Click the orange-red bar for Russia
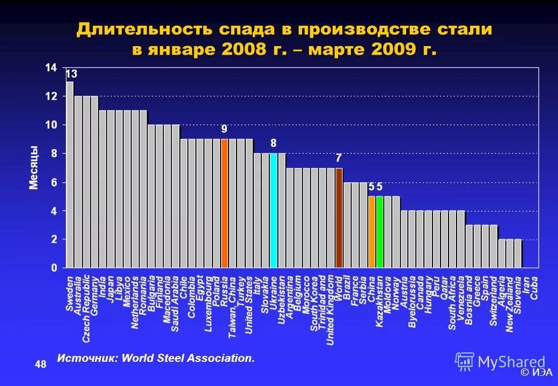[x=224, y=203]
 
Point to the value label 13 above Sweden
[x=71, y=74]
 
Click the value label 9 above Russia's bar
[x=224, y=129]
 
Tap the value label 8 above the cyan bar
[x=273, y=143]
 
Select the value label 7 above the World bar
[x=339, y=158]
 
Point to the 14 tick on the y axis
[x=51, y=68]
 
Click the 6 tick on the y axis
[x=54, y=182]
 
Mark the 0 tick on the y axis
[x=54, y=268]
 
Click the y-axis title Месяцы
[x=34, y=167]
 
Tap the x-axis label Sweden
[x=70, y=294]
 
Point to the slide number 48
[x=40, y=365]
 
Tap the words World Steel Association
[x=188, y=358]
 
